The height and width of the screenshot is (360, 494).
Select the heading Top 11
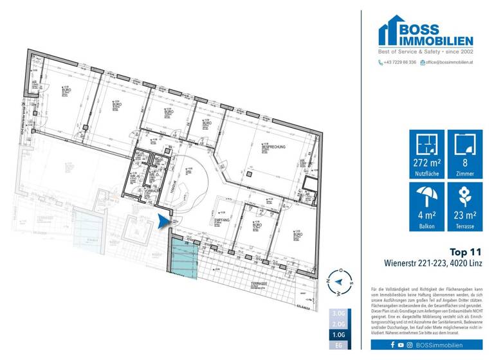(462, 251)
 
